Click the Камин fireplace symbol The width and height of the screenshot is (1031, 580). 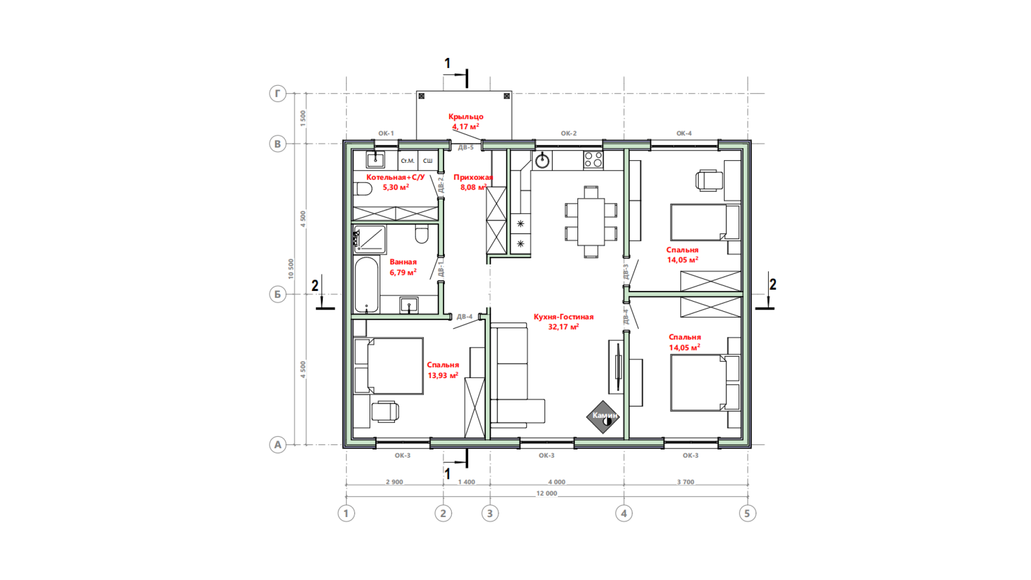click(x=603, y=417)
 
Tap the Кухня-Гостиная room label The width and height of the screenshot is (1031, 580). click(x=563, y=317)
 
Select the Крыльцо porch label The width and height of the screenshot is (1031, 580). click(x=466, y=116)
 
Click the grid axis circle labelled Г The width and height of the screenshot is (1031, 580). click(x=277, y=94)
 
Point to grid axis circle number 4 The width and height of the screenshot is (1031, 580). click(x=624, y=514)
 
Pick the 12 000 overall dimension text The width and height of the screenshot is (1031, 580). click(x=547, y=493)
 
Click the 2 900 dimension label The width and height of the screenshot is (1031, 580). click(x=394, y=482)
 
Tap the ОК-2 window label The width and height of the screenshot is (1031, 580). click(x=569, y=133)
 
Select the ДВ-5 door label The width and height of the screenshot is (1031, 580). click(x=466, y=148)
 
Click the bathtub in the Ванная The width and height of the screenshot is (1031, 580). click(x=366, y=285)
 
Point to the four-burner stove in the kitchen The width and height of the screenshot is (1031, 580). click(x=593, y=160)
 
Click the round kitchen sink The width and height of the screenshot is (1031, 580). click(x=542, y=161)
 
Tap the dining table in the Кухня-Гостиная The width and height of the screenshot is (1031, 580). click(x=591, y=222)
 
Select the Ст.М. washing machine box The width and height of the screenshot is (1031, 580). click(x=408, y=161)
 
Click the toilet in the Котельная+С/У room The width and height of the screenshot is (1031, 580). click(x=364, y=189)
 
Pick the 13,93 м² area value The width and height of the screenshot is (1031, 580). click(x=443, y=376)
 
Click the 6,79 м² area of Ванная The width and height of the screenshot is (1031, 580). click(x=403, y=272)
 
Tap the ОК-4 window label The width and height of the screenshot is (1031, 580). click(x=684, y=133)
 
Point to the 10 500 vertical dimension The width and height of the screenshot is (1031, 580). click(x=291, y=269)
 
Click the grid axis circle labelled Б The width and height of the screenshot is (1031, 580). click(x=277, y=294)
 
